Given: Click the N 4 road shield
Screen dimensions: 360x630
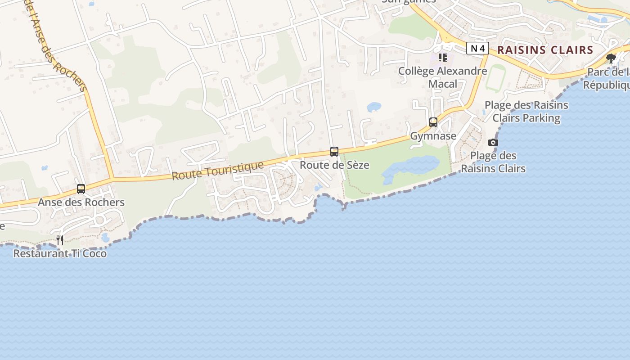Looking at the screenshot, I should [x=477, y=48].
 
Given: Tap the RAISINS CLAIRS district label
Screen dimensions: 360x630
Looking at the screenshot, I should [x=545, y=50].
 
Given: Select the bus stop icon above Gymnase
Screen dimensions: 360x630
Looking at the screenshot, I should [x=433, y=122].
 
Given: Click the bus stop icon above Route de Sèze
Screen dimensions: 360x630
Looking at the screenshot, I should [x=334, y=152].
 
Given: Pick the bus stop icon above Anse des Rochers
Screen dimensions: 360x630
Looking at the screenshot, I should [x=81, y=189].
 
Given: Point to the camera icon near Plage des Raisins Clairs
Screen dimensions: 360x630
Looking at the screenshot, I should [x=493, y=143].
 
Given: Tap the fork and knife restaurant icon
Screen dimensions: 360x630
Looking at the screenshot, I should [x=60, y=240].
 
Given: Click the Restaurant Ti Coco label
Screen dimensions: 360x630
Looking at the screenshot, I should [x=60, y=253].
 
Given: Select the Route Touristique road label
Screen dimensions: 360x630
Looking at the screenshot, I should [x=218, y=171].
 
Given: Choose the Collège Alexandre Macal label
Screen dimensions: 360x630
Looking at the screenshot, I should [x=442, y=77].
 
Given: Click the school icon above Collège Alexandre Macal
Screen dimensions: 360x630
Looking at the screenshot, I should [x=443, y=58].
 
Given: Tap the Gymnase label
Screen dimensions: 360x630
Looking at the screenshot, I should [x=433, y=136].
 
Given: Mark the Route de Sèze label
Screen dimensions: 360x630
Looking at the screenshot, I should [x=334, y=165].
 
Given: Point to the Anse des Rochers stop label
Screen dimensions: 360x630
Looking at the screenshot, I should [x=81, y=202].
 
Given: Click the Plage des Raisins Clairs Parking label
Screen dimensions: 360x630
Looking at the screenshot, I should [x=526, y=112].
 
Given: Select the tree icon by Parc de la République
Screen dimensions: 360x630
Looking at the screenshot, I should [x=611, y=58].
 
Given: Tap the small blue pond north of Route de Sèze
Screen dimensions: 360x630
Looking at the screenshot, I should [x=374, y=107].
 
